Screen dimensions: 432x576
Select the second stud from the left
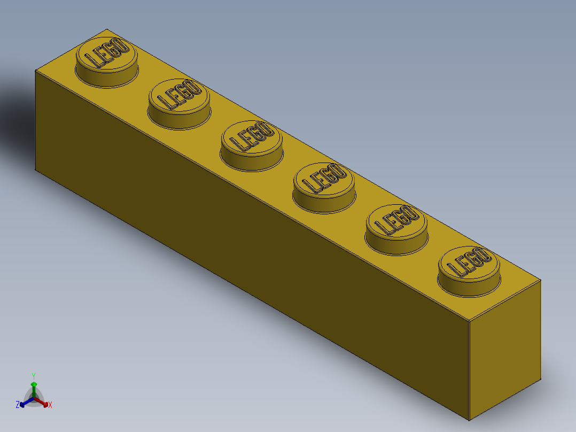pyautogui.click(x=179, y=103)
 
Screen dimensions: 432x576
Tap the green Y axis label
pyautogui.click(x=33, y=375)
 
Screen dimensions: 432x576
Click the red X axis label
pyautogui.click(x=50, y=405)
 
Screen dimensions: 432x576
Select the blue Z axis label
pyautogui.click(x=18, y=405)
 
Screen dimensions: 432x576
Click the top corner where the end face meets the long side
pyautogui.click(x=469, y=322)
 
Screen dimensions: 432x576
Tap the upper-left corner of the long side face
pyautogui.click(x=35, y=71)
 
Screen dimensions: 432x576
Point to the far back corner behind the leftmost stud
pyautogui.click(x=107, y=29)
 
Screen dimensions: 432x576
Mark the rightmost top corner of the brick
pyautogui.click(x=540, y=280)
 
